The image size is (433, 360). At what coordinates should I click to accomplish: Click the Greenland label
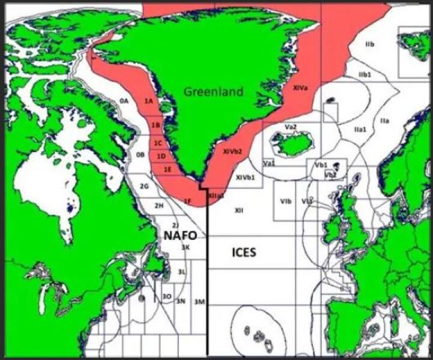[x=213, y=92]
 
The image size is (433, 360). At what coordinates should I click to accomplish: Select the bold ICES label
[x=244, y=252]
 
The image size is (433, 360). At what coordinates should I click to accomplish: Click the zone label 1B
[x=156, y=125]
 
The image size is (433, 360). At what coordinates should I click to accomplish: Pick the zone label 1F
[x=187, y=200]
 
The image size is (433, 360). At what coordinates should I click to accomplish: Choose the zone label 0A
[x=124, y=101]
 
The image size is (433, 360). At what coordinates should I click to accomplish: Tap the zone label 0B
[x=141, y=154]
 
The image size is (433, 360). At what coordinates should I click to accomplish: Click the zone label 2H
[x=160, y=206]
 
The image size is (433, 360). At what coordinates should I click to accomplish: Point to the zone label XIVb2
[x=232, y=152]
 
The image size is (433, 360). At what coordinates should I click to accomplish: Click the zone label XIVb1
[x=245, y=178]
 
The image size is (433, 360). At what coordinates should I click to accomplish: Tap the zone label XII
[x=239, y=210]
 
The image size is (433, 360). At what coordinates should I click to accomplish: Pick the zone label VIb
[x=286, y=202]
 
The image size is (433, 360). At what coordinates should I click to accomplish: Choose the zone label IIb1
[x=365, y=74]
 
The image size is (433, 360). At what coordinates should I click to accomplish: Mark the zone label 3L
[x=182, y=272]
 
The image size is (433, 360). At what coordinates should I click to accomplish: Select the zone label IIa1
[x=360, y=129]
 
